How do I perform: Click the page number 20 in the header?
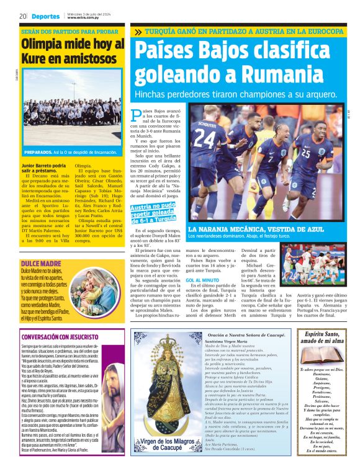tap(22, 16)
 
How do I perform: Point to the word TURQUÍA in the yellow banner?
tap(166, 31)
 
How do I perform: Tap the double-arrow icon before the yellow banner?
tap(137, 32)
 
